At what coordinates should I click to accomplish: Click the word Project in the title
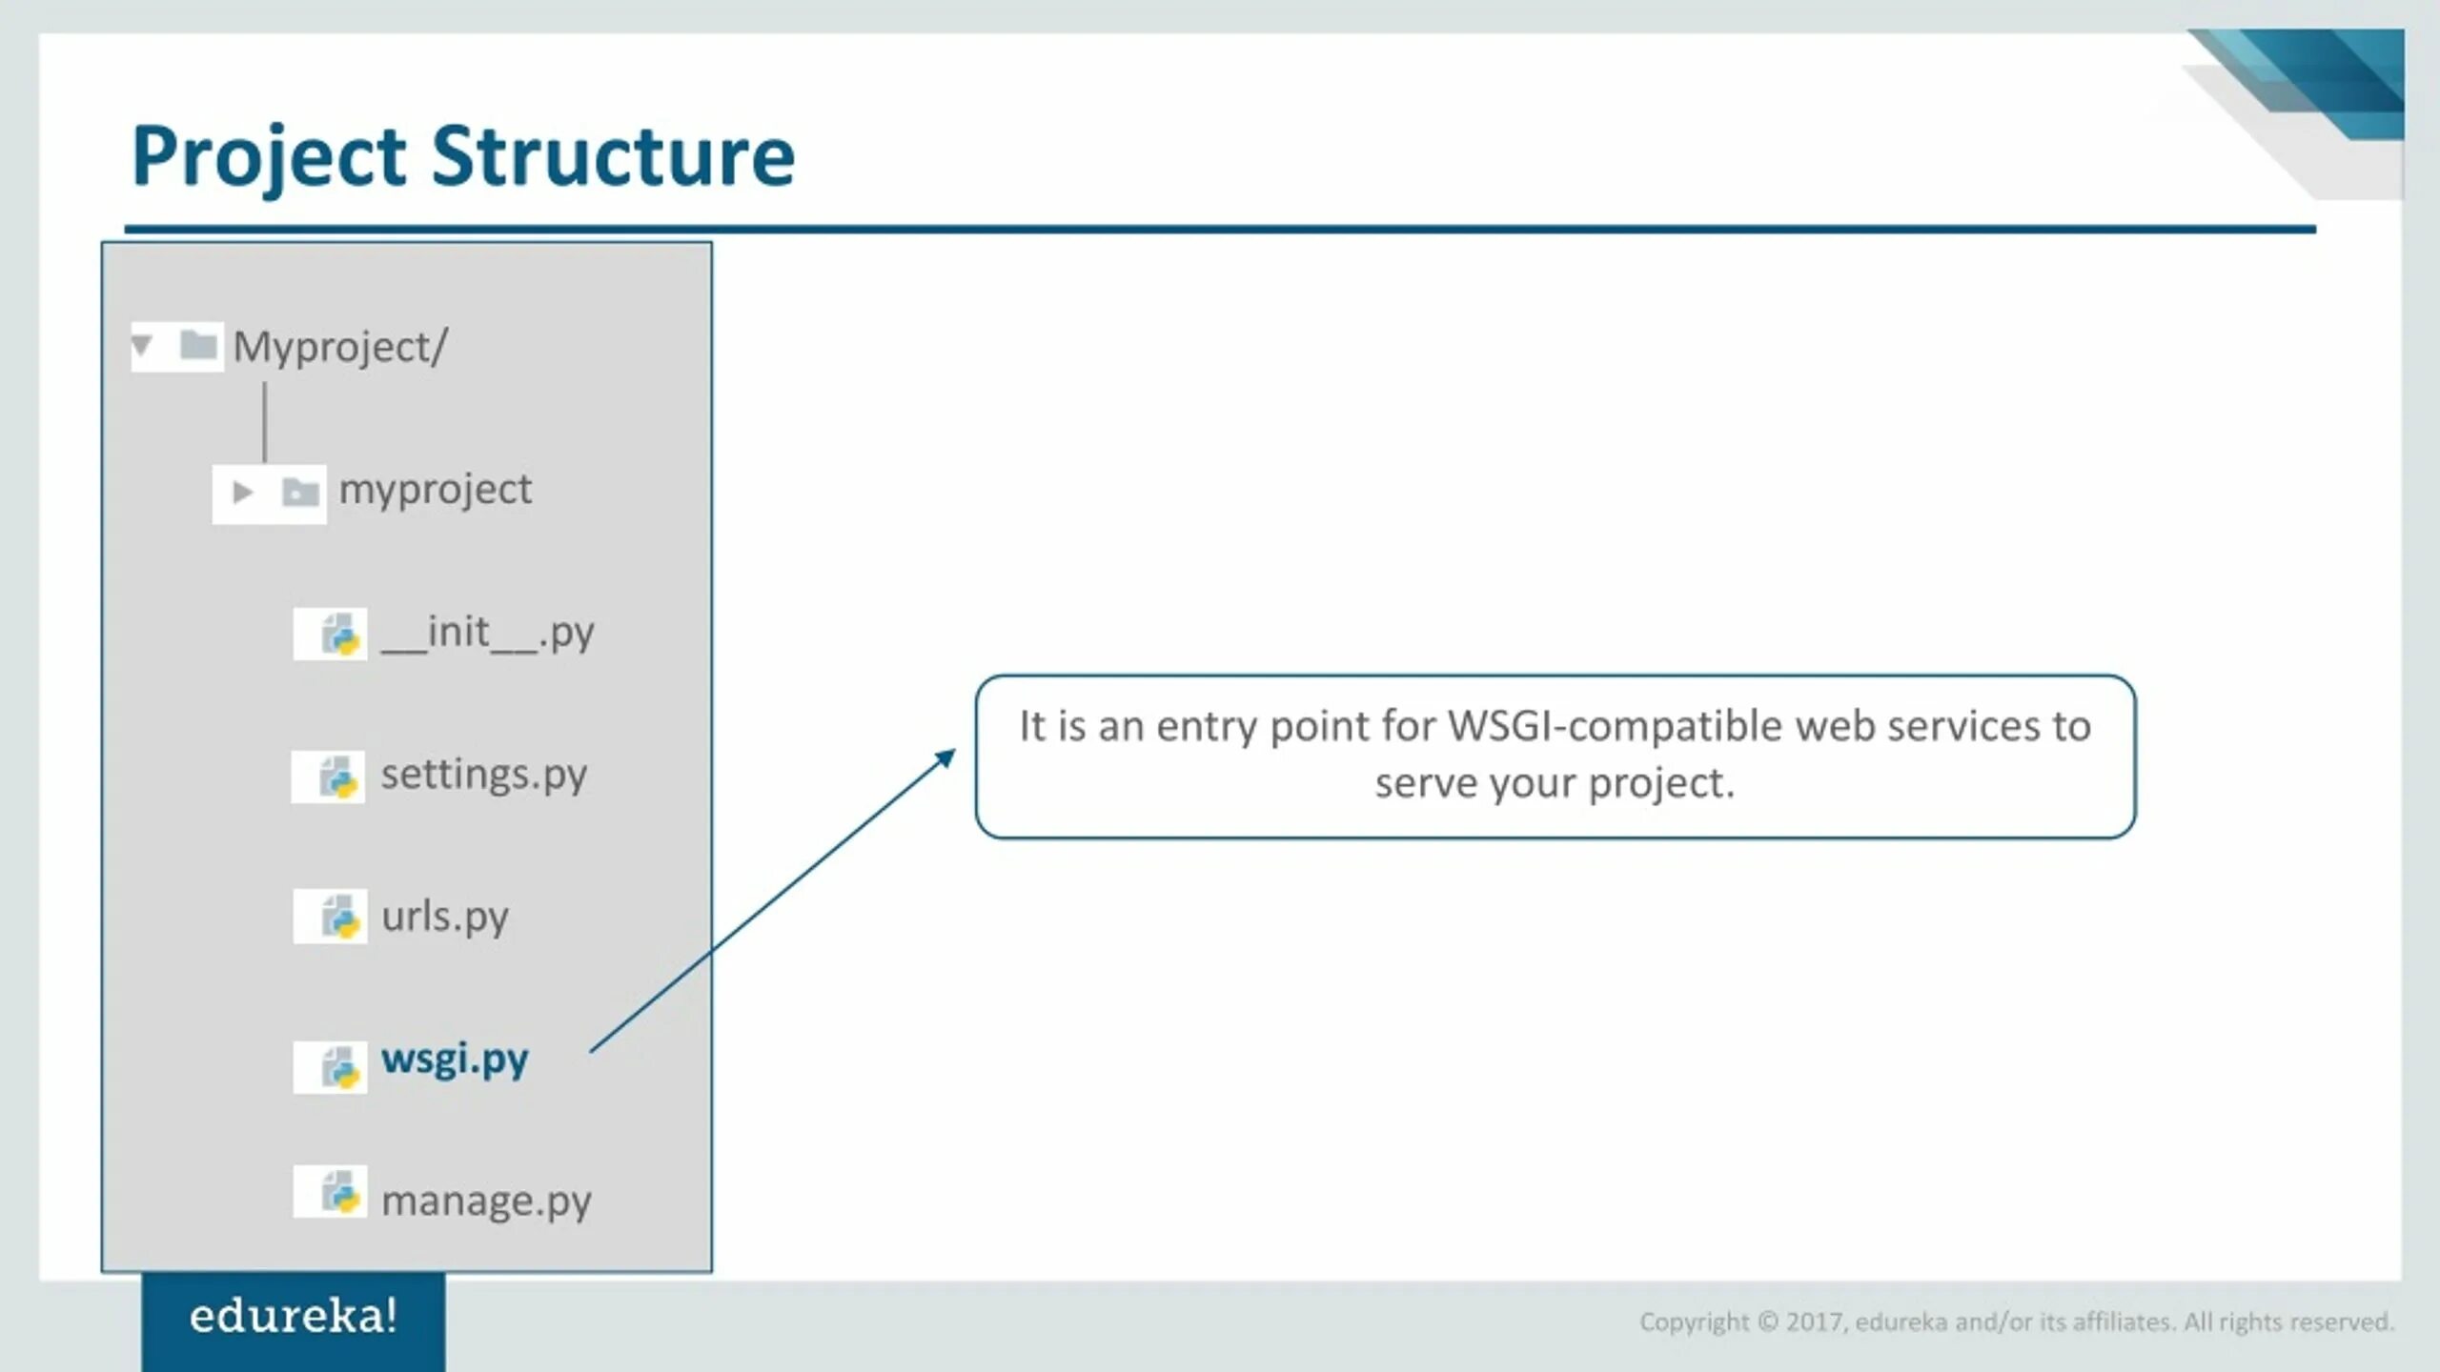tap(269, 157)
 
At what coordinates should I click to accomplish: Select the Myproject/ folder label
tap(339, 347)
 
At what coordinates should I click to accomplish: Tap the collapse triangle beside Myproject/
tap(143, 345)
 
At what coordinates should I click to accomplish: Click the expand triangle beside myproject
tap(243, 493)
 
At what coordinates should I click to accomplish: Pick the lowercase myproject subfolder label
tap(436, 490)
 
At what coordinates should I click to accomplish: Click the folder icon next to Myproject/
tap(198, 345)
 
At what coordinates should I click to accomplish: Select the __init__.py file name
tap(487, 633)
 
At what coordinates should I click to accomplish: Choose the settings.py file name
tap(483, 775)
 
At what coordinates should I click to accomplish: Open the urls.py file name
tap(445, 917)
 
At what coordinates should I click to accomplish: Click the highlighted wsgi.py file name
tap(455, 1059)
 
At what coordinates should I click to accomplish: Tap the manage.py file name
tap(486, 1200)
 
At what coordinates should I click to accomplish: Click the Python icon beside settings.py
tap(338, 777)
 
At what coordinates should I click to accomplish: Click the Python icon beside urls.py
tap(340, 917)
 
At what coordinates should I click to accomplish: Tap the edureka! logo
tap(293, 1317)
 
